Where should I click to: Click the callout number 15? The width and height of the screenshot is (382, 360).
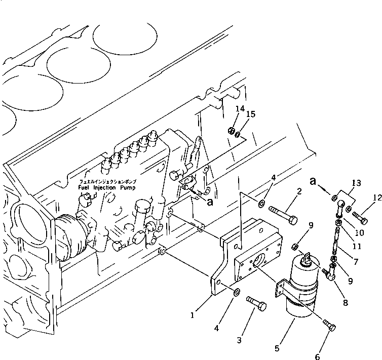[251, 115]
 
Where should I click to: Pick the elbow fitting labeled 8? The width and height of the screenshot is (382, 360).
[331, 274]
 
